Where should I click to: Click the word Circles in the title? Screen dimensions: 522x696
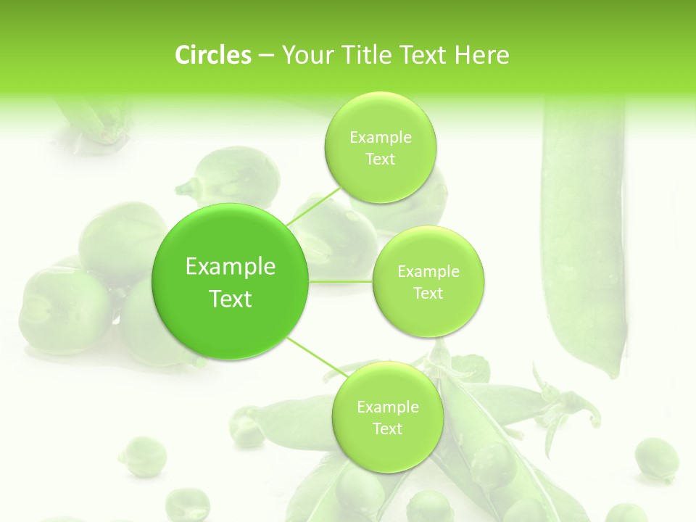tap(212, 55)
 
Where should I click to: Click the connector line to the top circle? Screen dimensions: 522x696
tap(313, 206)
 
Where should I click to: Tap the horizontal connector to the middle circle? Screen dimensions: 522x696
tap(340, 281)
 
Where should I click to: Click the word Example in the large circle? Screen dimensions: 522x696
tap(231, 267)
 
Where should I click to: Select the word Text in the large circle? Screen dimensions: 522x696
tap(231, 299)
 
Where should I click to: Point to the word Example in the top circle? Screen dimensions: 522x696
tap(381, 137)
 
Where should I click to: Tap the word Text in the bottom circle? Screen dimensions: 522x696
tap(387, 428)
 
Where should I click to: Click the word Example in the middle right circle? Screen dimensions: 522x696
tap(428, 271)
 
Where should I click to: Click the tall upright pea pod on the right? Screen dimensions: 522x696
tap(582, 232)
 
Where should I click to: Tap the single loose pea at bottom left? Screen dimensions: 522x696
tap(142, 455)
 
